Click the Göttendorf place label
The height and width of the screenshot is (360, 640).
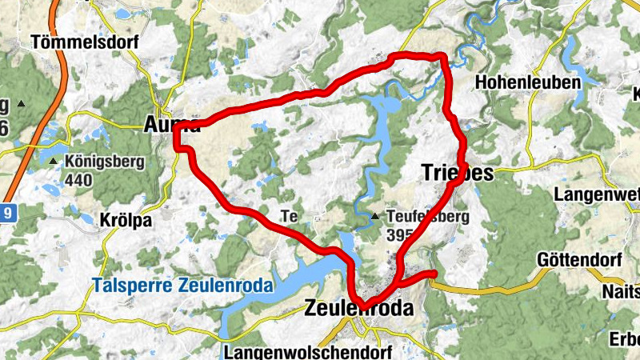click(x=579, y=260)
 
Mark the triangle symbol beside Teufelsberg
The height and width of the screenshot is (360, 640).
click(x=375, y=216)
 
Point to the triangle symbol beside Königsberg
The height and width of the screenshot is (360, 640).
click(x=54, y=162)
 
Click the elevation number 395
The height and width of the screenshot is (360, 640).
click(x=398, y=235)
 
